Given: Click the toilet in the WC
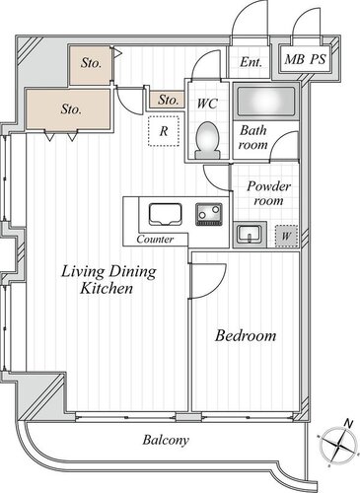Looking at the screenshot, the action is coord(207,140).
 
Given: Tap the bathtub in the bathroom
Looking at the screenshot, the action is coord(266,102).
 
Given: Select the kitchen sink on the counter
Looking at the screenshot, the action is coord(166,214).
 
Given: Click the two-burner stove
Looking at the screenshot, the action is coord(209,214).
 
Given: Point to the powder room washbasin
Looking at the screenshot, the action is coord(250,235).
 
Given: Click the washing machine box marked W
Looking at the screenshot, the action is coord(286,236).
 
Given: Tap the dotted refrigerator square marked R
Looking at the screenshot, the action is coord(164,131).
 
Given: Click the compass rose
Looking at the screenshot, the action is coord(338,444).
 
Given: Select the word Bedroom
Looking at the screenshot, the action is coord(246,335).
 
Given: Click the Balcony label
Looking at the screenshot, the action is coord(166,440).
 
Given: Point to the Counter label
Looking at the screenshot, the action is coord(155,239).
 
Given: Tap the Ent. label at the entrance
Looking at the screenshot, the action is coord(251,61).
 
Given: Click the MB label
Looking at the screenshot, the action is coord(294,59).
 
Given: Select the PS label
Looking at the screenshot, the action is coord(319,59).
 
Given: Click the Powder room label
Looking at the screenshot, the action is coord(268,193).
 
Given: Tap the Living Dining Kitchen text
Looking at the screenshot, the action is coord(108,280).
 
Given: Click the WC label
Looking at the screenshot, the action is coord(207,104).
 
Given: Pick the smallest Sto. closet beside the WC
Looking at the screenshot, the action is coord(167,100).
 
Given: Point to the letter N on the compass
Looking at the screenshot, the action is coord(348,424).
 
